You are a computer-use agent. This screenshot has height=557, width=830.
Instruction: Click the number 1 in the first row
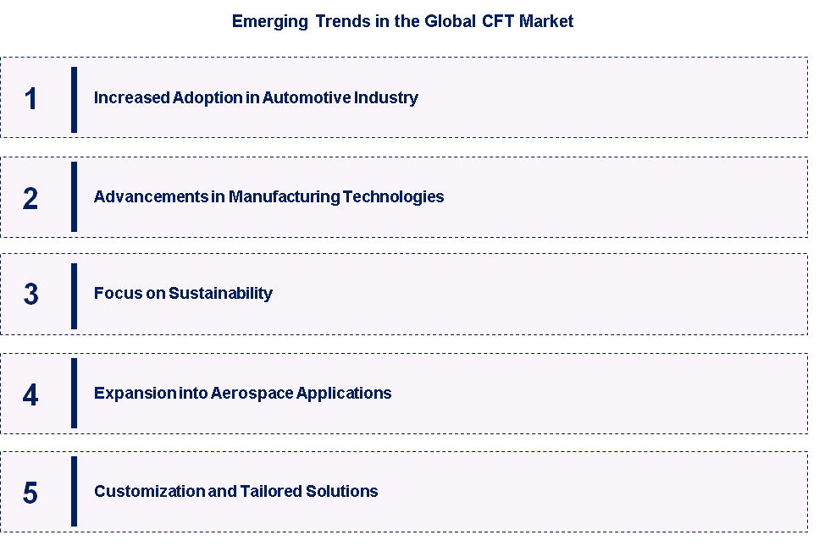[30, 99]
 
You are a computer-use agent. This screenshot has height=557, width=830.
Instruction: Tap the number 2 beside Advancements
[30, 199]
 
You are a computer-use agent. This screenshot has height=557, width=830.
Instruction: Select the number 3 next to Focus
[30, 294]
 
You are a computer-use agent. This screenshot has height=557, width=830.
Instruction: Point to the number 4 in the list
[30, 394]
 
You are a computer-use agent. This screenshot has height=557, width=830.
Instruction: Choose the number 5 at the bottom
[30, 493]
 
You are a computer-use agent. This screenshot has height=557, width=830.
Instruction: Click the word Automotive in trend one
[307, 97]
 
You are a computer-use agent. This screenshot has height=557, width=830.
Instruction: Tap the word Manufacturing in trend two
[285, 196]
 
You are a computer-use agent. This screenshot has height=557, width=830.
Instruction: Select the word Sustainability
[220, 294]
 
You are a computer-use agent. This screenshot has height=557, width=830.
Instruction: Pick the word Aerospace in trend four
[252, 394]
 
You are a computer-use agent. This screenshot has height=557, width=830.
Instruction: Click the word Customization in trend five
[150, 492]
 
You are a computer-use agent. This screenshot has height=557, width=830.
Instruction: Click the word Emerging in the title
[270, 22]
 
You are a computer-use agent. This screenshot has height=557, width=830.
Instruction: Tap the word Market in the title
[546, 21]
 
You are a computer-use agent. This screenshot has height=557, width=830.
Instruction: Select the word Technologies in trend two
[393, 197]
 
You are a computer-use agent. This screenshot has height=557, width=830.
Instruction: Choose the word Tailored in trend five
[271, 492]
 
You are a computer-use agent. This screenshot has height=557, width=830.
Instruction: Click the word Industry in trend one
[386, 98]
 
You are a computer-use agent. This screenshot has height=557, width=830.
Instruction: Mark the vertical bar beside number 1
[75, 99]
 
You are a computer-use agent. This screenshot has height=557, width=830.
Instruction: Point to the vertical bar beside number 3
[75, 296]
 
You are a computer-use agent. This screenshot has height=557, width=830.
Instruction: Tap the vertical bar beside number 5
[75, 492]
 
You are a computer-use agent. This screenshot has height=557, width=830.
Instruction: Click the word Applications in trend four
[344, 394]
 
